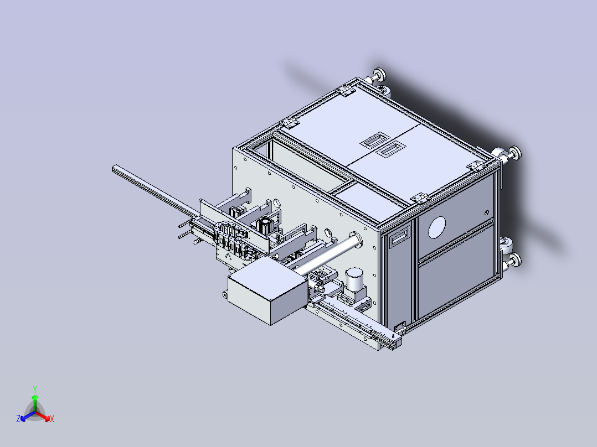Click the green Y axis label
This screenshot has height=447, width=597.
pyautogui.click(x=34, y=389)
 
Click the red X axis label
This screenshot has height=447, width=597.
pyautogui.click(x=52, y=419)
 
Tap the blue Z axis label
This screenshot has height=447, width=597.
pyautogui.click(x=18, y=419)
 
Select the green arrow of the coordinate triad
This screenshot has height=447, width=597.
pyautogui.click(x=35, y=401)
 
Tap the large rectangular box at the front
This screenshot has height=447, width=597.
pyautogui.click(x=268, y=292)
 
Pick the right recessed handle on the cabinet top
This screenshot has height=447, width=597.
pyautogui.click(x=391, y=148)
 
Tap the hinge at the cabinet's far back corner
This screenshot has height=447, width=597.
pyautogui.click(x=347, y=90)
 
